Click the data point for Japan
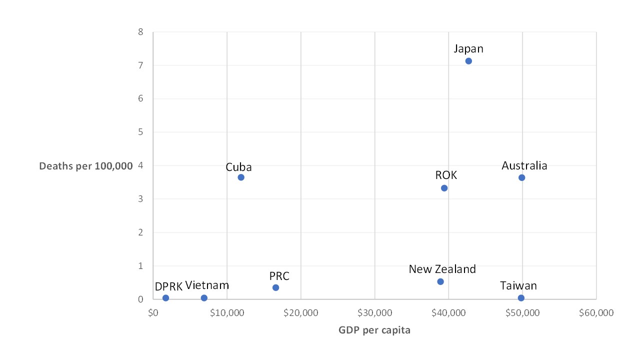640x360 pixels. point(468,61)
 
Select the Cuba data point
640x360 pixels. point(241,177)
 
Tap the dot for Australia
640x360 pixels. point(521,177)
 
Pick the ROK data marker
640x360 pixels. point(444,188)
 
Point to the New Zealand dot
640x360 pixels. point(440,281)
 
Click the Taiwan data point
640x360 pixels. point(521,298)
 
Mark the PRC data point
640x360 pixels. point(275,287)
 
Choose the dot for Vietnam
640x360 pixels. point(204,298)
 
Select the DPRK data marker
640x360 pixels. point(165,298)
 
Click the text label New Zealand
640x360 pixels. point(442,269)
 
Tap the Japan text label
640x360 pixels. point(468,48)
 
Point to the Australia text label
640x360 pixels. point(524,165)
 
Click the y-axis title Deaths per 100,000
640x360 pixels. point(86,166)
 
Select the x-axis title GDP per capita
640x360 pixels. point(374,330)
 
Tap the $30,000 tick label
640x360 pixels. point(374,313)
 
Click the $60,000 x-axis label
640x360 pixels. point(596,313)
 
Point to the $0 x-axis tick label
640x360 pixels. point(153,313)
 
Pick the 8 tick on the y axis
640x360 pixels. point(141,32)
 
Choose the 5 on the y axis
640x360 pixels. point(141,132)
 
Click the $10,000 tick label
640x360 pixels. point(227,313)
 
